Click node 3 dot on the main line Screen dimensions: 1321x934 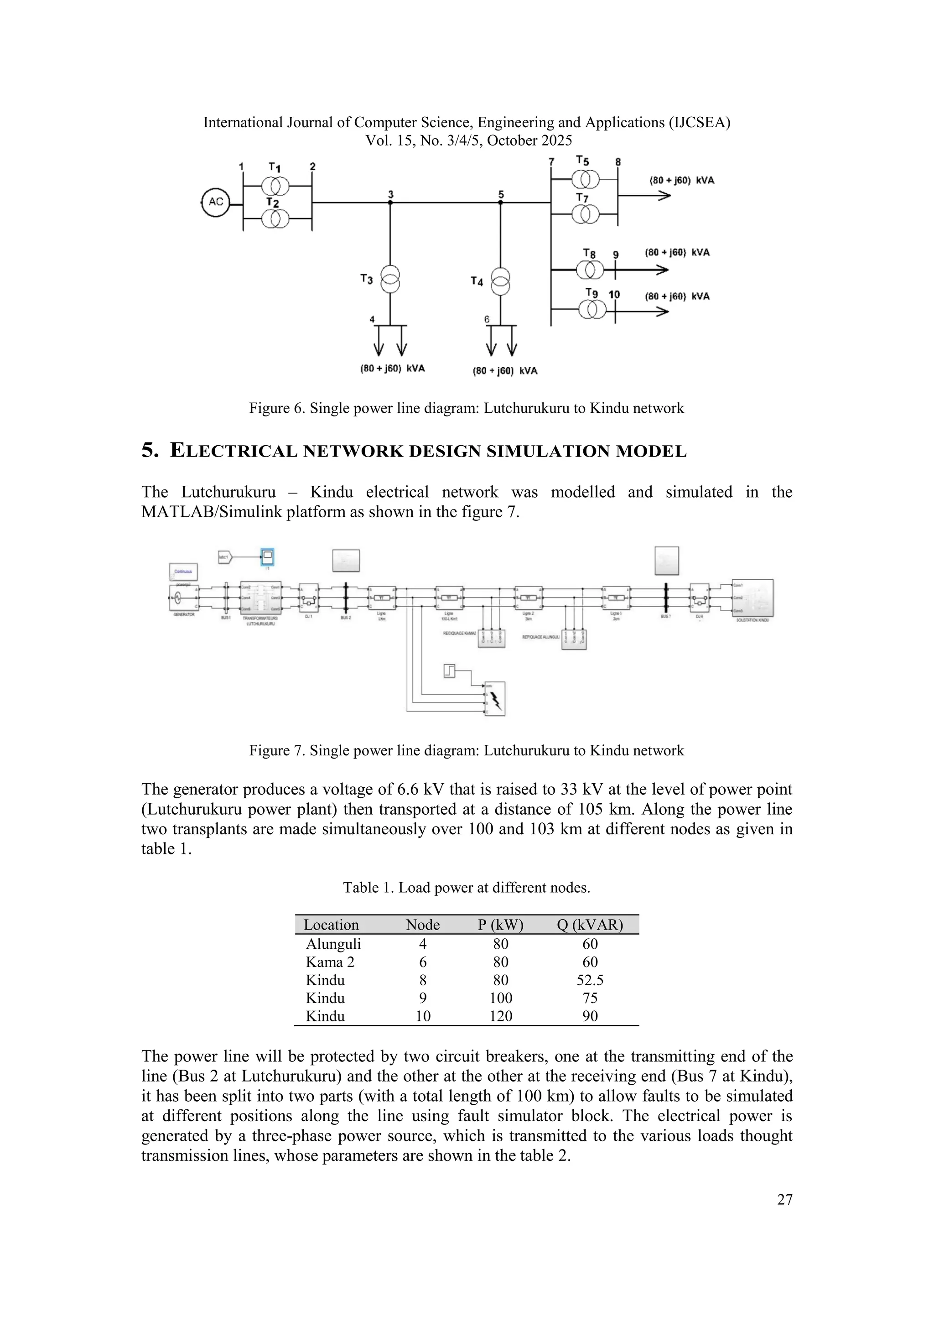pos(390,202)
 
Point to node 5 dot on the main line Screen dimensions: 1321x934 pos(500,202)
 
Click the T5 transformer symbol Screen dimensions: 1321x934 pos(586,180)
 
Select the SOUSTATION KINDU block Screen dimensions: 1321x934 pos(752,598)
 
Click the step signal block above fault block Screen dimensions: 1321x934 pos(449,670)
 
